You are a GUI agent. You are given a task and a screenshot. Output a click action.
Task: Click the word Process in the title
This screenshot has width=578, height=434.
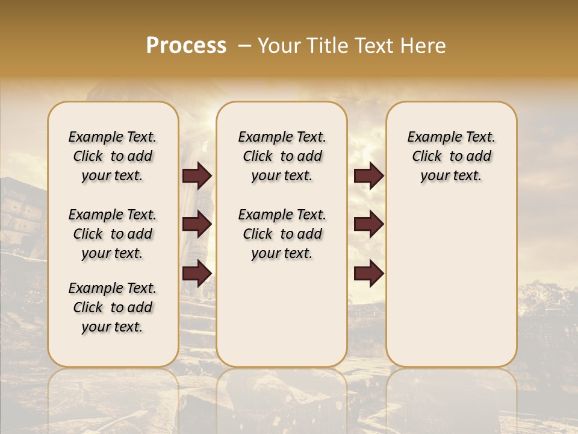pyautogui.click(x=186, y=46)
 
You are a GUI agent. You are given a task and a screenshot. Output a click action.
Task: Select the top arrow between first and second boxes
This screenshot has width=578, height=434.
pyautogui.click(x=197, y=176)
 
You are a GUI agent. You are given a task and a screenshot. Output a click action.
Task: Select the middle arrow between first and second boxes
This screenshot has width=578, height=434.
pyautogui.click(x=197, y=224)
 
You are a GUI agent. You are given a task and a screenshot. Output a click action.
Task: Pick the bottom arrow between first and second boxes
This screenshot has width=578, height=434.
pyautogui.click(x=197, y=273)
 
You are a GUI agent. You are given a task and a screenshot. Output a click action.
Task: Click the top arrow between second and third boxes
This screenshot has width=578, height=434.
pyautogui.click(x=368, y=176)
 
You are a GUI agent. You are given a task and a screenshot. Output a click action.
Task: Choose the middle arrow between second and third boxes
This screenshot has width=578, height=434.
pyautogui.click(x=368, y=224)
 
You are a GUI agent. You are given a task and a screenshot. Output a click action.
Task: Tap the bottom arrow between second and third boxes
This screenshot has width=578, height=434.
pyautogui.click(x=368, y=273)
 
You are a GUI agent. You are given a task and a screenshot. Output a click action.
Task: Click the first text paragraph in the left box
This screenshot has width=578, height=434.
pyautogui.click(x=113, y=156)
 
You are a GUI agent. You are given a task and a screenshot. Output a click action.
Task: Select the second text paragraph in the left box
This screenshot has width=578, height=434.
pyautogui.click(x=113, y=234)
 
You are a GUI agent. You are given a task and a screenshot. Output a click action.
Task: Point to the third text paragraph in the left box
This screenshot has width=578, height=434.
pyautogui.click(x=113, y=307)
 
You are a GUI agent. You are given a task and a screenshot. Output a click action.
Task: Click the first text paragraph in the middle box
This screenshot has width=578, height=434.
pyautogui.click(x=282, y=156)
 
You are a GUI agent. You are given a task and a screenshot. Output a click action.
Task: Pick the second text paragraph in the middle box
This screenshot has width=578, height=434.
pyautogui.click(x=282, y=234)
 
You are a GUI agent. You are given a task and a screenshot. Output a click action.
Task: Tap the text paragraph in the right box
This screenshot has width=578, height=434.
pyautogui.click(x=451, y=156)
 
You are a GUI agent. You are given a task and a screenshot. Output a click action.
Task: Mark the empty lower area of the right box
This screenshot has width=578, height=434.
pyautogui.click(x=451, y=277)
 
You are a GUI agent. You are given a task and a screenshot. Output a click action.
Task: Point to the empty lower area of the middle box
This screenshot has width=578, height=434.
pyautogui.click(x=282, y=313)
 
